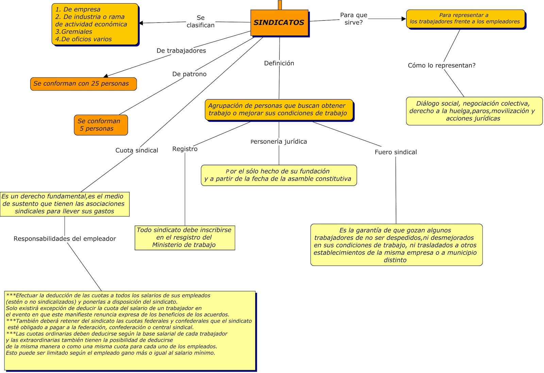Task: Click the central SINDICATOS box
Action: click(279, 23)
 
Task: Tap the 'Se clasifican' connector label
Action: click(201, 21)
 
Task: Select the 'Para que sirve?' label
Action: click(354, 19)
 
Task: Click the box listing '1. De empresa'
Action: click(95, 24)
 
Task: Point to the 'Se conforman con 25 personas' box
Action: click(83, 84)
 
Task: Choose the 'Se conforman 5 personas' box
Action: click(101, 125)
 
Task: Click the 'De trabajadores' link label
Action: click(181, 51)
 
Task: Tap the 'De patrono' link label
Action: click(189, 74)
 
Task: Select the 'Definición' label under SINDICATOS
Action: click(279, 63)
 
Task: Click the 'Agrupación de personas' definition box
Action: click(279, 109)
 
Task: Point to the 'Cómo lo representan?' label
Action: click(442, 65)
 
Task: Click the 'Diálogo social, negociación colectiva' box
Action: click(474, 111)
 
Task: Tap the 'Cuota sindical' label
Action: click(137, 150)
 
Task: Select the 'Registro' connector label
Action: click(185, 149)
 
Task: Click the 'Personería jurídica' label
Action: click(279, 141)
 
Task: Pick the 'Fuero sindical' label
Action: click(396, 152)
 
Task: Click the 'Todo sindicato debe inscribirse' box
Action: click(185, 237)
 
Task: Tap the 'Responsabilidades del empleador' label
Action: click(65, 239)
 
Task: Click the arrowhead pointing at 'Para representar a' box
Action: click(404, 19)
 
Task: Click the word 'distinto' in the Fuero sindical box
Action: click(395, 260)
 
